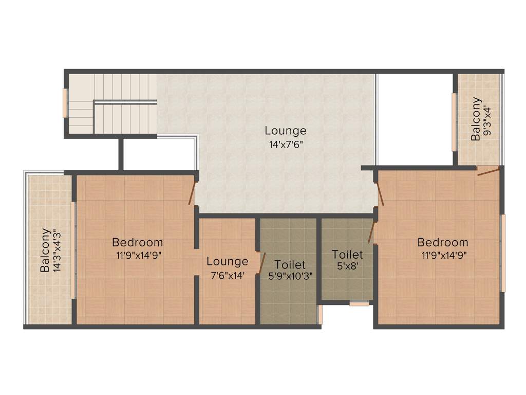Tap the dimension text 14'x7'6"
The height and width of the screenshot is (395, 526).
click(x=286, y=145)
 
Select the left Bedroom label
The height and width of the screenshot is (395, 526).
click(x=137, y=242)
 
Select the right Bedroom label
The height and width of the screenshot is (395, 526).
click(x=442, y=242)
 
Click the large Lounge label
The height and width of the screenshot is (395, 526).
click(x=286, y=131)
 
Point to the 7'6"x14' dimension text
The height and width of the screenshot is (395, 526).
click(x=227, y=275)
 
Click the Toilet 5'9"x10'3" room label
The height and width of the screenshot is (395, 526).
click(x=290, y=265)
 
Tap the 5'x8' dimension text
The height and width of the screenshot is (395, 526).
click(x=347, y=266)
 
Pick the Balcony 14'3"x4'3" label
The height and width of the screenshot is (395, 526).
click(x=46, y=250)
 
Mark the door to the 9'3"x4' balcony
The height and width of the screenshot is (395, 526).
click(x=488, y=171)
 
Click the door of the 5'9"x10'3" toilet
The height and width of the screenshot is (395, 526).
click(x=261, y=263)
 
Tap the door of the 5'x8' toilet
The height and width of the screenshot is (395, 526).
click(x=371, y=232)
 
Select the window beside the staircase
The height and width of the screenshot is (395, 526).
click(x=65, y=103)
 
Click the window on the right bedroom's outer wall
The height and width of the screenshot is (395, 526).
click(x=503, y=253)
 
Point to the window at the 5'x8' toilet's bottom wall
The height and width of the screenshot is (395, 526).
click(x=359, y=303)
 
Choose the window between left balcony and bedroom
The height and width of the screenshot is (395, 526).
click(x=73, y=250)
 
